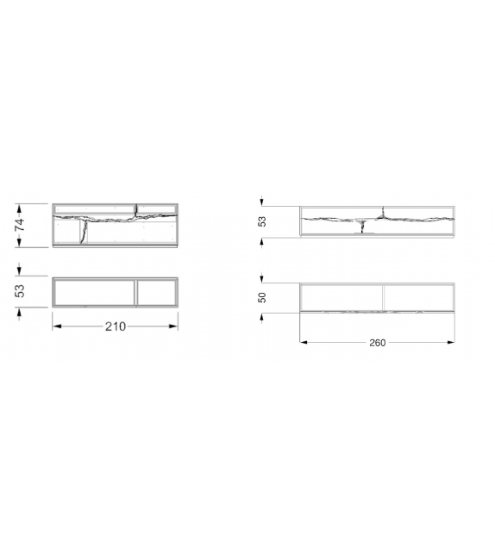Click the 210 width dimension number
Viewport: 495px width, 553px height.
tap(116, 326)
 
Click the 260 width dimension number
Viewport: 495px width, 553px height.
tap(377, 342)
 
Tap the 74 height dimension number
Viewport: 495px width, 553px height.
tap(20, 225)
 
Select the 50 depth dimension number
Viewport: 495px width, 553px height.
tap(262, 297)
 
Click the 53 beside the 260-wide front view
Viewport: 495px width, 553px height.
tap(262, 221)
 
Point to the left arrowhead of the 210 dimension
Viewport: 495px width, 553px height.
tap(55, 326)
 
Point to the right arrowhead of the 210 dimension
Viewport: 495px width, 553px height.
tap(176, 326)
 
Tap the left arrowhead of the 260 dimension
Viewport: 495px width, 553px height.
tap(302, 342)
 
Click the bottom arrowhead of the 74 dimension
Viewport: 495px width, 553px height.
tap(20, 245)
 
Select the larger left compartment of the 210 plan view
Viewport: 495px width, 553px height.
tap(94, 292)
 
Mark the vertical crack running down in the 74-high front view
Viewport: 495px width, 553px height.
tap(84, 232)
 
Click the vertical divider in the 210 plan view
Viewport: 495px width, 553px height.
tap(136, 292)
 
